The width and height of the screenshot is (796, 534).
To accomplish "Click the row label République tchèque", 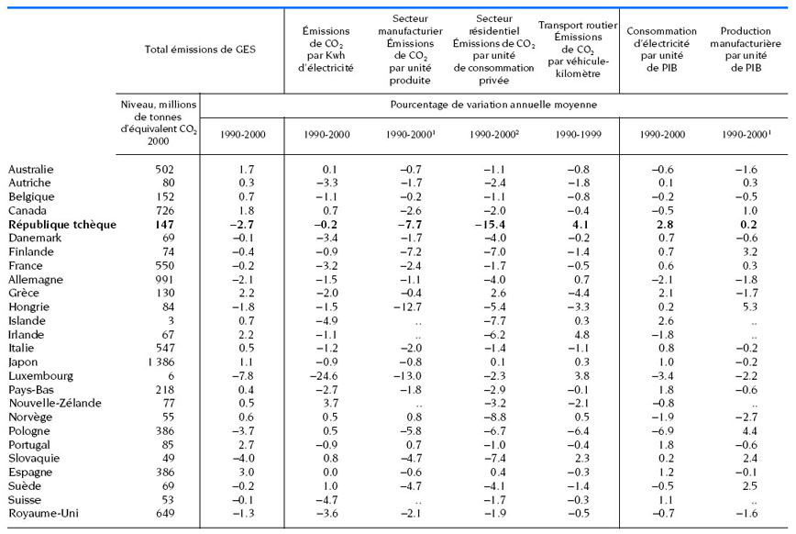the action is (62, 225).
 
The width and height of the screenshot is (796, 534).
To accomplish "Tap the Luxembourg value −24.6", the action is (324, 376).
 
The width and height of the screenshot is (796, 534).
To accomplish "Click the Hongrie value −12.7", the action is (408, 306).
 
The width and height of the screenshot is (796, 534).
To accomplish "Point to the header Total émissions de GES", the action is (200, 50).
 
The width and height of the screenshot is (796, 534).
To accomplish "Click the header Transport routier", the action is (578, 25).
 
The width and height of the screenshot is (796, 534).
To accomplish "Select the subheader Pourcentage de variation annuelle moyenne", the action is (493, 105).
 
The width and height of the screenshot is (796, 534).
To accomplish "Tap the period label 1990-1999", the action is (579, 135).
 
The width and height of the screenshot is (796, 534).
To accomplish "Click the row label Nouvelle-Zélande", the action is (55, 404).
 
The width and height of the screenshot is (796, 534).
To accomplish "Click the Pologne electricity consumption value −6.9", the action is (663, 431).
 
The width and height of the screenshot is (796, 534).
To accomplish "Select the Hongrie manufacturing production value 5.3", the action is (750, 306).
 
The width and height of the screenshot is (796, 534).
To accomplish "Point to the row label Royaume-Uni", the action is (44, 513).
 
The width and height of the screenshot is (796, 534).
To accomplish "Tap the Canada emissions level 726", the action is (165, 211).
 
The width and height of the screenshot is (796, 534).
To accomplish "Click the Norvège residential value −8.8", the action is (495, 417).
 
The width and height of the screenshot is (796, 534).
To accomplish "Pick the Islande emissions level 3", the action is (171, 321).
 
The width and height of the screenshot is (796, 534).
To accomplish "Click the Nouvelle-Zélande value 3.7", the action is (330, 404).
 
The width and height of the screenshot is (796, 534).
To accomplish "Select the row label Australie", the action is (31, 169).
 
